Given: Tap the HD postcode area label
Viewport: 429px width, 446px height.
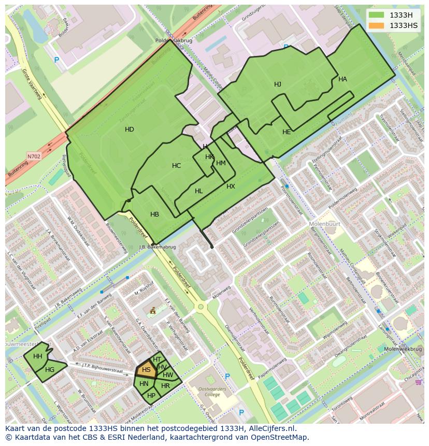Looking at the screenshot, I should click(130, 130).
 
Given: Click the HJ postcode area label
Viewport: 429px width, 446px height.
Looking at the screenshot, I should click(278, 84).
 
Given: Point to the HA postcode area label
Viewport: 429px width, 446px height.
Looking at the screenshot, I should click(342, 79).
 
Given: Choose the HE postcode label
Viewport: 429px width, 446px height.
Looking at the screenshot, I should click(287, 132).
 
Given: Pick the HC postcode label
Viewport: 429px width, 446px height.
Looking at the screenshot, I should click(177, 166).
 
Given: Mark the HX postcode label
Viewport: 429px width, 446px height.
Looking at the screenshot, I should click(231, 186).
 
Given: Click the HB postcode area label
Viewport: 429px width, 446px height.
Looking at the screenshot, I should click(154, 214).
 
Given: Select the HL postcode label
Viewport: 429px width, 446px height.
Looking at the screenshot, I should click(199, 191).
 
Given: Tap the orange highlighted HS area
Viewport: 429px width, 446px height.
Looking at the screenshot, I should click(146, 370).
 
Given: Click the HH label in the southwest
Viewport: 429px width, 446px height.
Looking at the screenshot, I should click(38, 356).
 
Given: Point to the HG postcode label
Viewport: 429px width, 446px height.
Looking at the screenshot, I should click(50, 370).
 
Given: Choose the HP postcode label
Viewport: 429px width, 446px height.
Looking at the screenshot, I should click(151, 395).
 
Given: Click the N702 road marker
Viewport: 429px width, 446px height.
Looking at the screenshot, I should click(34, 155).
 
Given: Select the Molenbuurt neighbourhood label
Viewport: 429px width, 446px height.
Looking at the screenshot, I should click(324, 224).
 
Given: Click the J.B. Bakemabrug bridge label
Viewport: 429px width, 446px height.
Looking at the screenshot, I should click(158, 247).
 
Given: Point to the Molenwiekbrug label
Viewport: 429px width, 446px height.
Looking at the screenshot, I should click(403, 349).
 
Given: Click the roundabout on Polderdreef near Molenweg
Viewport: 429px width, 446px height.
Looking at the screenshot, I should click(201, 307).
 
